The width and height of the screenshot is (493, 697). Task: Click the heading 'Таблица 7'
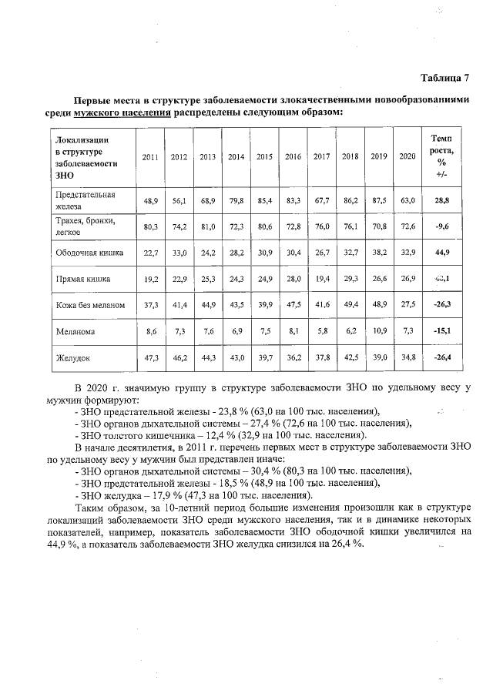[x=444, y=78]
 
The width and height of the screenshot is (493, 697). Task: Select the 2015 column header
[x=264, y=157]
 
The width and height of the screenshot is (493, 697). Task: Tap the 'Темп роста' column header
[x=441, y=156]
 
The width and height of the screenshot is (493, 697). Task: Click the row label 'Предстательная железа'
[x=85, y=200]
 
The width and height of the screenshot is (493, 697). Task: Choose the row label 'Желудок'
[x=72, y=357]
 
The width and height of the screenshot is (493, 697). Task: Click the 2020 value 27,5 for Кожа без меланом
[x=407, y=306]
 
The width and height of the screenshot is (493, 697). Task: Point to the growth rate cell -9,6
[x=441, y=226]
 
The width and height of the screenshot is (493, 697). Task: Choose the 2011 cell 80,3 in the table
[x=150, y=226]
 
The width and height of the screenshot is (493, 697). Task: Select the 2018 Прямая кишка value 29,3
[x=350, y=279]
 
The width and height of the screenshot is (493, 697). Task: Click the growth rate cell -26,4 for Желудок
[x=441, y=357]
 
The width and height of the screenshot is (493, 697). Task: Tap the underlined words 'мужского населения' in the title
[x=122, y=112]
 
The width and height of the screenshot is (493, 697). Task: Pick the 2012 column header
[x=179, y=157]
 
